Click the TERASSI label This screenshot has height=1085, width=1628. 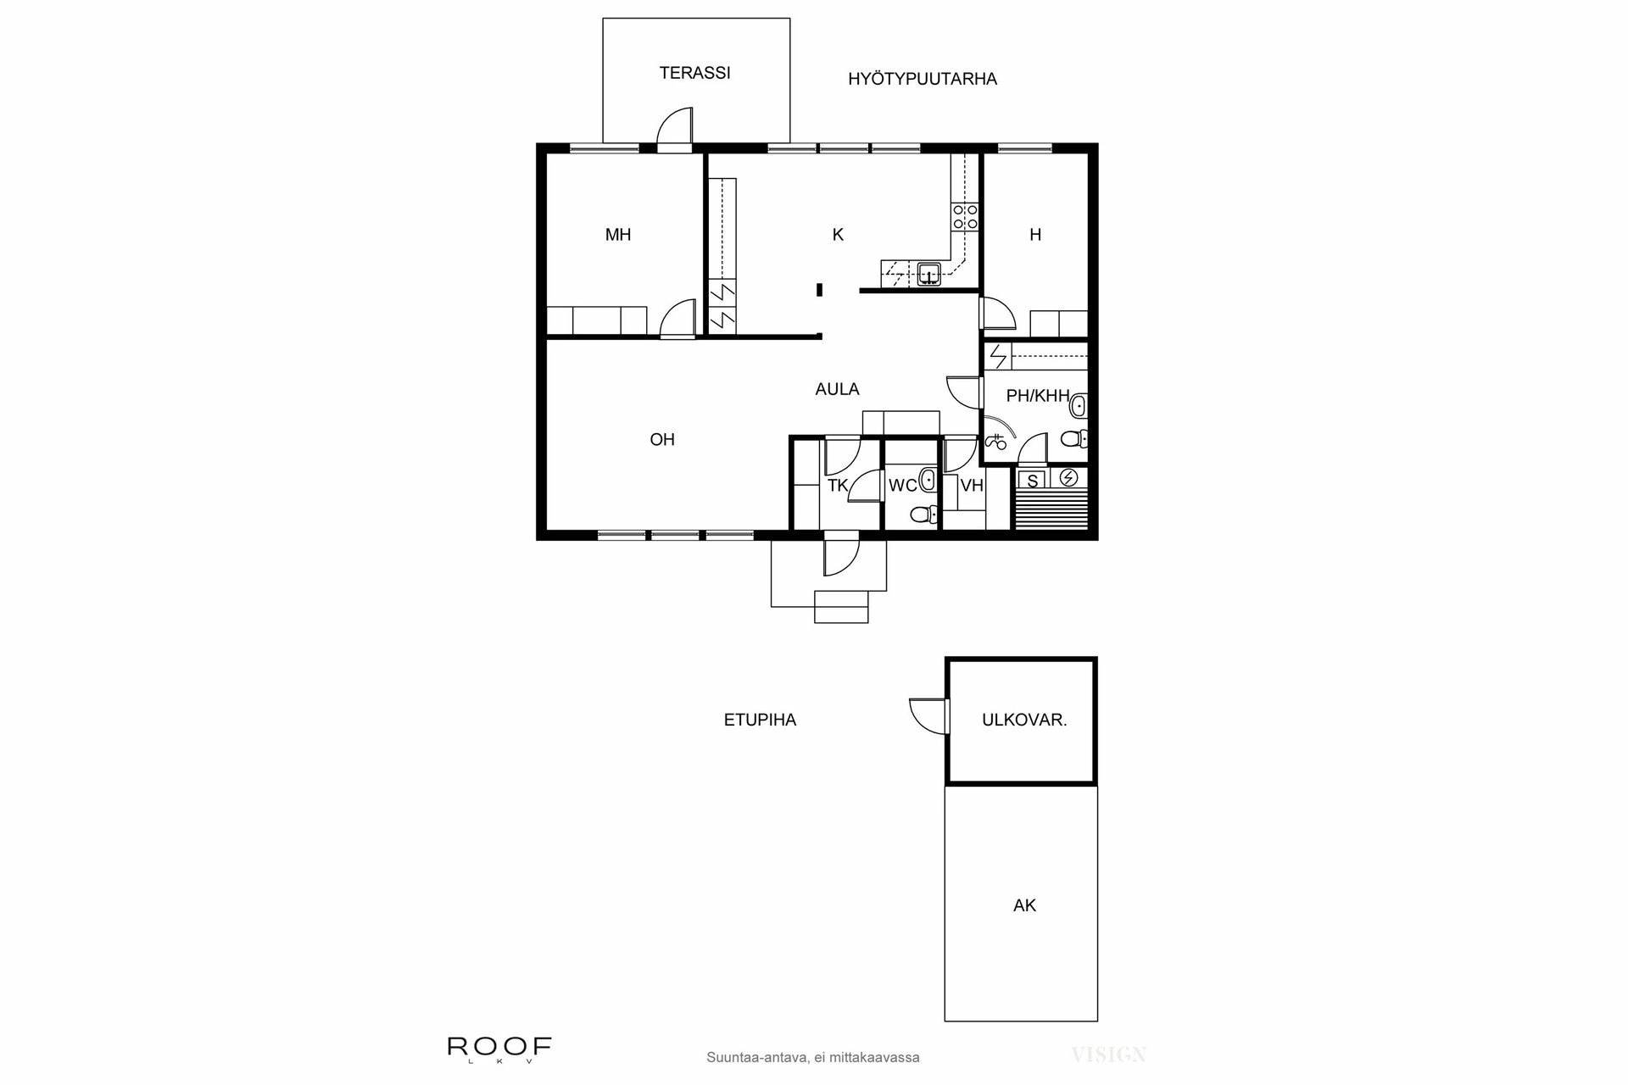694,73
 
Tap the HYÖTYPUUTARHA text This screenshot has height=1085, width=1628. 923,79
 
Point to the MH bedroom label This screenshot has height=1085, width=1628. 618,235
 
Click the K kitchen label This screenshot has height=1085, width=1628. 838,235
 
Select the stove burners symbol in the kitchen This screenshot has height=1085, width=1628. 966,216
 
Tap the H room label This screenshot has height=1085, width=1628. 1035,235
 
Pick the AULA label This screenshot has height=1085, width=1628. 837,389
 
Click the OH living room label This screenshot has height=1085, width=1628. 662,439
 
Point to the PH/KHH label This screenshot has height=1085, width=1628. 1037,396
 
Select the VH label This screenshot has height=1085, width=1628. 972,486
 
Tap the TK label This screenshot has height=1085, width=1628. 838,486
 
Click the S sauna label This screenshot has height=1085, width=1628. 1032,481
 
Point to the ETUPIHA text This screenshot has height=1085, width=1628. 760,721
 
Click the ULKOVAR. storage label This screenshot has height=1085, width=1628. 1023,721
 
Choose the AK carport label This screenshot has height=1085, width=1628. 1024,905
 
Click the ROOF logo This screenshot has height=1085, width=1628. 499,1047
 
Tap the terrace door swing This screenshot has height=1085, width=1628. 676,127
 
